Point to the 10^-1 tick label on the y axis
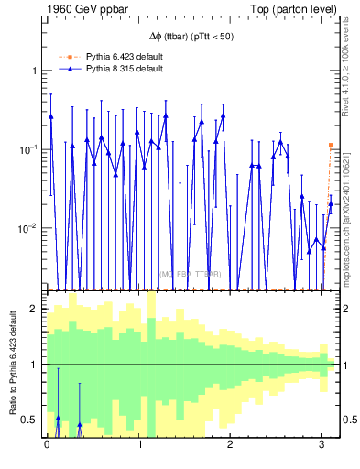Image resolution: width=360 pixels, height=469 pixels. [27, 149]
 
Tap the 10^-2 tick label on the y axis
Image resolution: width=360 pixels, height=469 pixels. [27, 228]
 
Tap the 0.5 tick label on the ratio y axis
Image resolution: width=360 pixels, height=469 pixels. [29, 420]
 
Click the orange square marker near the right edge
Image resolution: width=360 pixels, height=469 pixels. [331, 145]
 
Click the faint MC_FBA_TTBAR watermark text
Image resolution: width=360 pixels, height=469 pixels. [188, 273]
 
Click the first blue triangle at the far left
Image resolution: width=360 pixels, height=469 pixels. [51, 116]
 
